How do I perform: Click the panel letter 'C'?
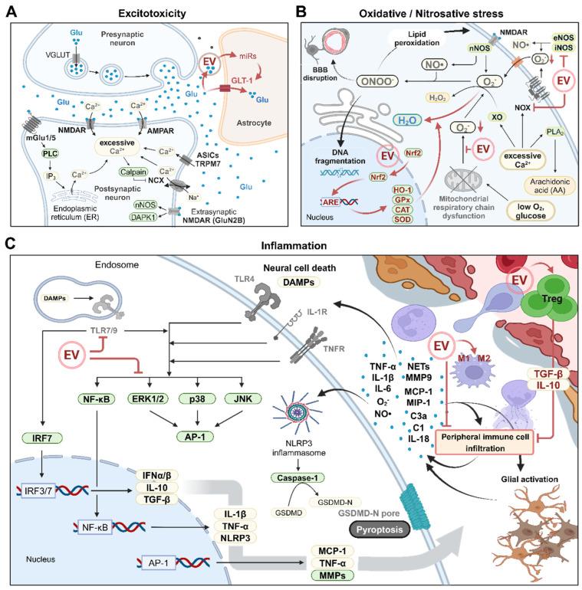[8, 244]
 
